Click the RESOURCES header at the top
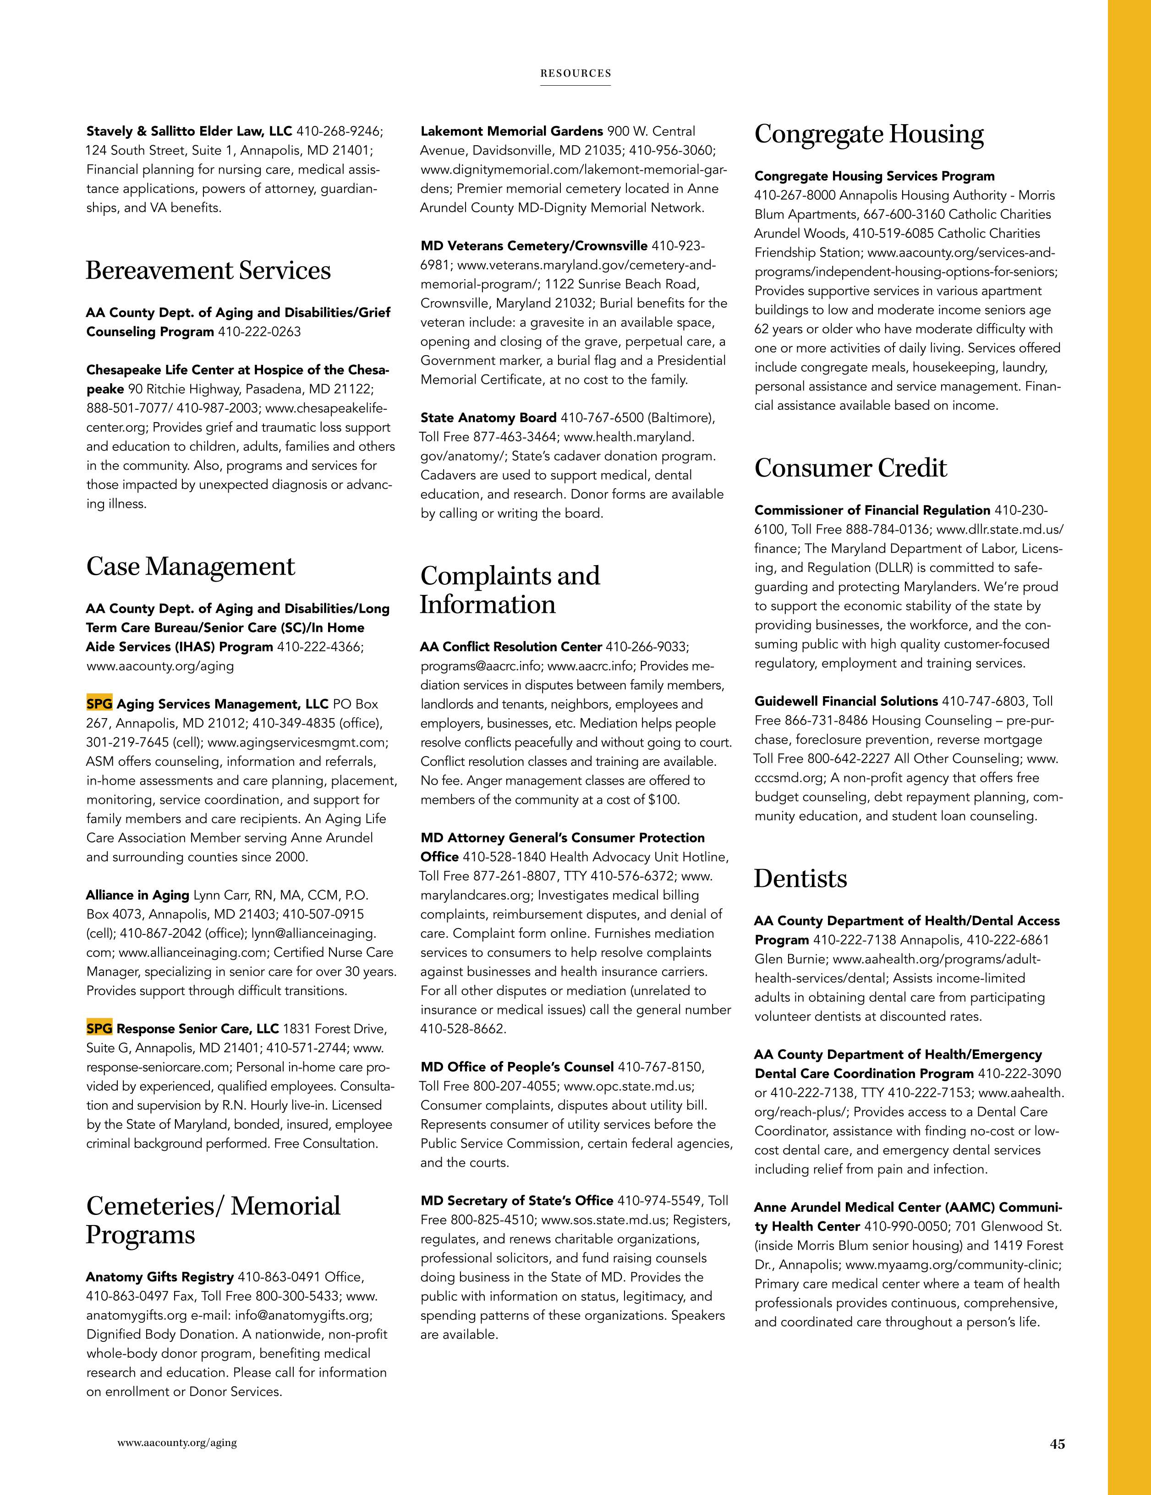[575, 73]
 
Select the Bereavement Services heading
[208, 270]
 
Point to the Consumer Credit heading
[850, 468]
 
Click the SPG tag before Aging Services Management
[99, 704]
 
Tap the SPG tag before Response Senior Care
[99, 1028]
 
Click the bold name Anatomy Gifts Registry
[159, 1277]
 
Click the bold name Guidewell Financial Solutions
[846, 701]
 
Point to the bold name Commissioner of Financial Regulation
[872, 510]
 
